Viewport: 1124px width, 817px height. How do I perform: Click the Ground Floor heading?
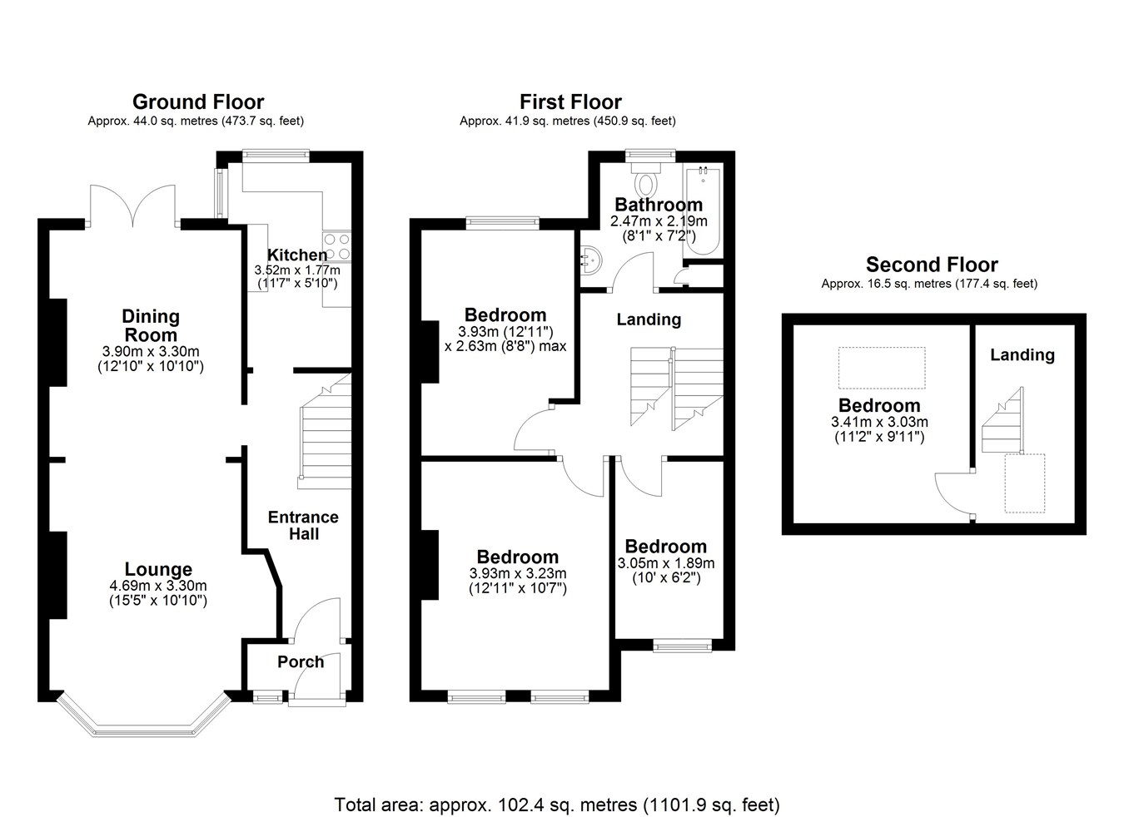pos(198,102)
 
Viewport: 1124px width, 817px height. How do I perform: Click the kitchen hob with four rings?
pos(336,247)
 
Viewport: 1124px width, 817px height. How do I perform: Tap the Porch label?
pos(301,662)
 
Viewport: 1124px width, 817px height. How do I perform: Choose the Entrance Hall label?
pos(303,525)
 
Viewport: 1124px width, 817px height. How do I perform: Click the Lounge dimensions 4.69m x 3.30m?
pos(158,585)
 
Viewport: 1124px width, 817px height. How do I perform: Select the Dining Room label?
pos(151,325)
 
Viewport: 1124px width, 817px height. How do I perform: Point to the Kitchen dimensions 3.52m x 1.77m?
pos(297,270)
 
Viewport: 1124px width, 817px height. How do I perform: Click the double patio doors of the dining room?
pos(133,205)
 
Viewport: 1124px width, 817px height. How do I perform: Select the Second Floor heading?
pos(932,265)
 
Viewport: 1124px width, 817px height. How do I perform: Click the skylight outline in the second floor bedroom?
pos(882,368)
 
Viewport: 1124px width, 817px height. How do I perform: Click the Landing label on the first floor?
pos(649,319)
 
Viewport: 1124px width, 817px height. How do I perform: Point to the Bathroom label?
pos(659,205)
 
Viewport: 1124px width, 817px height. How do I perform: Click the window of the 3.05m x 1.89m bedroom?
pos(682,646)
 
